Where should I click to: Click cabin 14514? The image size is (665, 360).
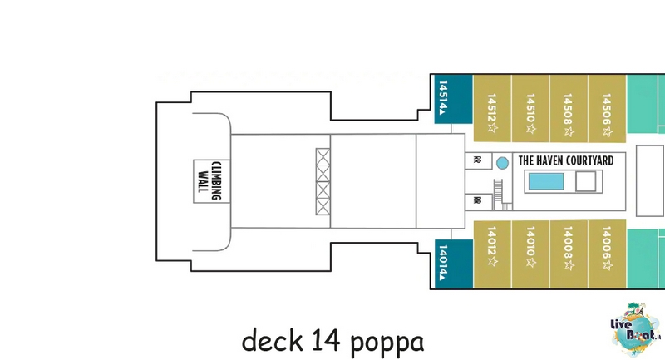click(453, 99)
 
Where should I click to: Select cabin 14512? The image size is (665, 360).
click(492, 109)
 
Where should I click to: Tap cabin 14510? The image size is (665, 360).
click(530, 109)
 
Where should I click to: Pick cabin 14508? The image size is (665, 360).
click(569, 109)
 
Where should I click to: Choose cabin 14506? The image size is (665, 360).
click(608, 109)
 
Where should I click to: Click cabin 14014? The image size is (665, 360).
click(454, 264)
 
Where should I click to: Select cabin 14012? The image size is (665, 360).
click(492, 254)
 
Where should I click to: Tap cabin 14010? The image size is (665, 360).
click(530, 254)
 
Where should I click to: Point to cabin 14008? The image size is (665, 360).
click(569, 254)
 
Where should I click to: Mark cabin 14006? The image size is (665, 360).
click(608, 254)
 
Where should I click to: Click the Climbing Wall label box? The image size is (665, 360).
click(212, 181)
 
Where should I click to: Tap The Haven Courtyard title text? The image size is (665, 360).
click(566, 160)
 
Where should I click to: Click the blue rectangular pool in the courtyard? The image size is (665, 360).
click(546, 181)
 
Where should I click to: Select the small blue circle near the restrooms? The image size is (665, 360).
click(502, 163)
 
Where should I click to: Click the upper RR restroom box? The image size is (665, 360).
click(479, 160)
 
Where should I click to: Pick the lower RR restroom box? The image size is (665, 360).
click(479, 201)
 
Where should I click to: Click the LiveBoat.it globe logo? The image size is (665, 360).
click(636, 329)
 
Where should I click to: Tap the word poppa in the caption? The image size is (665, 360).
click(387, 341)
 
